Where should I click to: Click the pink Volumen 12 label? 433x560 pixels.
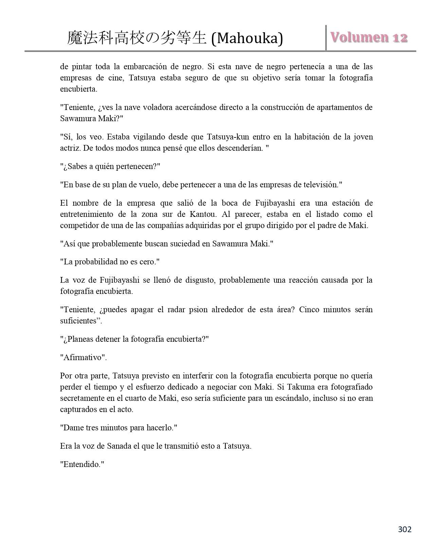(369, 38)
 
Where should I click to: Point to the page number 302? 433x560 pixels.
(404, 529)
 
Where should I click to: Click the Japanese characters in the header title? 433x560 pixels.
(137, 38)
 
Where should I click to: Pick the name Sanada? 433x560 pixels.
(119, 446)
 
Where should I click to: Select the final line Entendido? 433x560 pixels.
(82, 464)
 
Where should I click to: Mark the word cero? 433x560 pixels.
(147, 262)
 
